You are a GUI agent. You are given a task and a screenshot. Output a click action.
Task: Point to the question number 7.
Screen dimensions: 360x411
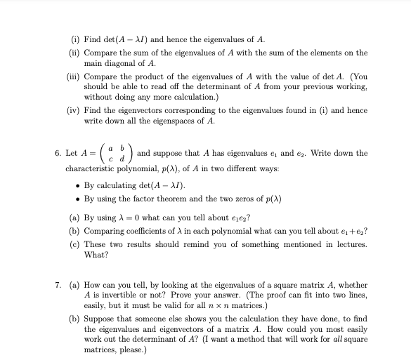point(57,284)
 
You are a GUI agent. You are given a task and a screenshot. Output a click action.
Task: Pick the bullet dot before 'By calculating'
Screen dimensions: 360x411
point(77,186)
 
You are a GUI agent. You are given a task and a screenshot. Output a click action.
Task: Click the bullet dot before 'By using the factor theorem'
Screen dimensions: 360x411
point(77,198)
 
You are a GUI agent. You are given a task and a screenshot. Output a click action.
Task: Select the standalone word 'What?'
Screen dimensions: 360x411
point(96,254)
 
